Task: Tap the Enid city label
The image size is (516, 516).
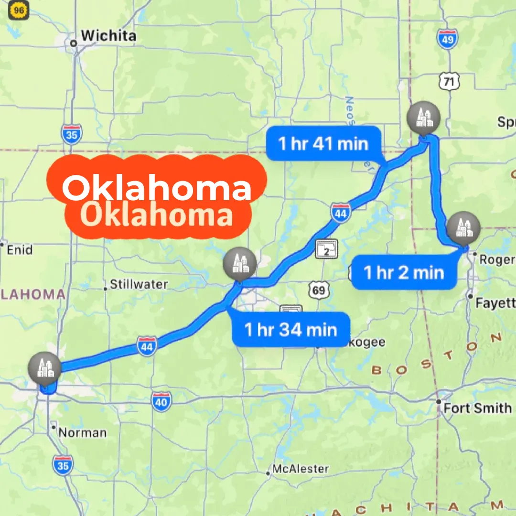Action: pyautogui.click(x=19, y=250)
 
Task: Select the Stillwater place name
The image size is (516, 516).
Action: pyautogui.click(x=139, y=285)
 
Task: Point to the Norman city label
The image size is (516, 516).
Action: pyautogui.click(x=82, y=433)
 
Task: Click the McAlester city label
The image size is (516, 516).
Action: pyautogui.click(x=300, y=469)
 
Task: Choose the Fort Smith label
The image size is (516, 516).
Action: pyautogui.click(x=477, y=408)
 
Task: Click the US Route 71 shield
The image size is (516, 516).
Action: pyautogui.click(x=449, y=81)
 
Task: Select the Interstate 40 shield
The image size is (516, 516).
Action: pyautogui.click(x=162, y=402)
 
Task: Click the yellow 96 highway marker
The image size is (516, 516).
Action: pyautogui.click(x=19, y=10)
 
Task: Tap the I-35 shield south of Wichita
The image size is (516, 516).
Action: pyautogui.click(x=71, y=134)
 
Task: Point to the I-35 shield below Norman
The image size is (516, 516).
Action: pyautogui.click(x=63, y=465)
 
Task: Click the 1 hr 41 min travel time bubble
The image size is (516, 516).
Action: pyautogui.click(x=323, y=143)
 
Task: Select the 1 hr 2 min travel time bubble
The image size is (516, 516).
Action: pyautogui.click(x=404, y=273)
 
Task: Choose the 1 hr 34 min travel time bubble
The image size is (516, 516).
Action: pyautogui.click(x=290, y=329)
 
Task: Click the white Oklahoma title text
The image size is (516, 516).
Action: pyautogui.click(x=157, y=188)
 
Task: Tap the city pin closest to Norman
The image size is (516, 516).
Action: pyautogui.click(x=44, y=368)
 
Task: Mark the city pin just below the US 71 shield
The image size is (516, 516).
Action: pyautogui.click(x=422, y=118)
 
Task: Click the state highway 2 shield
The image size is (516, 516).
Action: pyautogui.click(x=326, y=249)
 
